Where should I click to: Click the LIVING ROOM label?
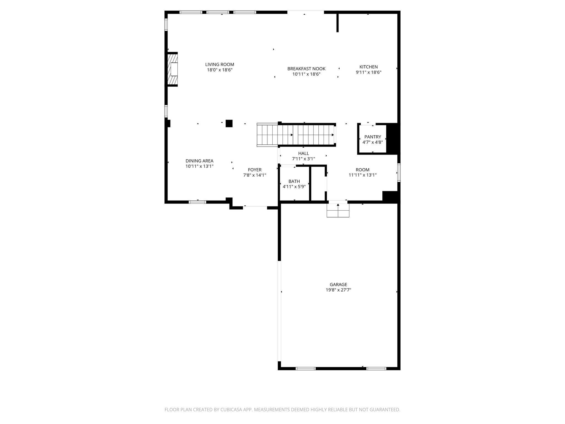[220, 65]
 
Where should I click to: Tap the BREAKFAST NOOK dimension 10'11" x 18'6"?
[306, 74]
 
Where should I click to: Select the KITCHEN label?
[368, 67]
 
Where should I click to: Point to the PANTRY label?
[372, 137]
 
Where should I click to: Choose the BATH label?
[294, 181]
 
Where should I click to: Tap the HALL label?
[303, 153]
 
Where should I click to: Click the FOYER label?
[254, 170]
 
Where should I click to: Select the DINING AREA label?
[199, 161]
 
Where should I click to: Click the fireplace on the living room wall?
[172, 69]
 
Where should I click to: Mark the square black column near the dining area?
[229, 123]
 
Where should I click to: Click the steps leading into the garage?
[338, 211]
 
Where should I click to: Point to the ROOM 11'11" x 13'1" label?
[363, 170]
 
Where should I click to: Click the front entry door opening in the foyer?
[255, 206]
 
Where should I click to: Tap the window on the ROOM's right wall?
[399, 173]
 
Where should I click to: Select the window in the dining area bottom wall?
[197, 202]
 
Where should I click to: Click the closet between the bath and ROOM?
[318, 183]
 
